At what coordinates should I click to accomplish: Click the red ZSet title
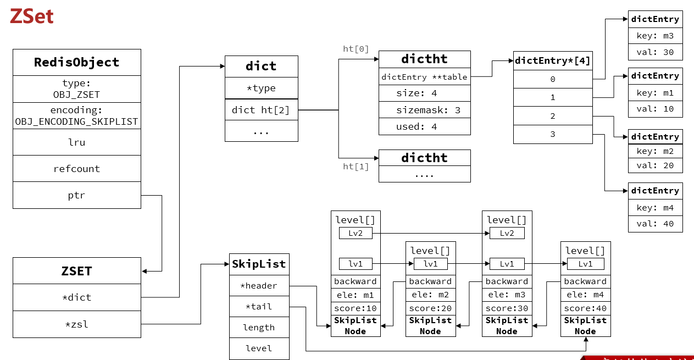tap(31, 16)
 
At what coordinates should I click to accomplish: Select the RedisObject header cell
tap(76, 62)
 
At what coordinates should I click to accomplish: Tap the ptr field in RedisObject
tap(76, 195)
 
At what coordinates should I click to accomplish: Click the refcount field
tap(76, 169)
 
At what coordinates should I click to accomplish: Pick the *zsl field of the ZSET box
tap(76, 324)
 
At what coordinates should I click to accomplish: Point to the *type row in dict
tap(261, 88)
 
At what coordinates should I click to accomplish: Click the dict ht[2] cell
tap(261, 110)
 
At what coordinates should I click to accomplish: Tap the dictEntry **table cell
tap(424, 77)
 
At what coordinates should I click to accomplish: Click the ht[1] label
tap(356, 166)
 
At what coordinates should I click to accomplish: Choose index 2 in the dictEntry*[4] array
tap(552, 116)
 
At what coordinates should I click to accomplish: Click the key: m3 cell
tap(655, 36)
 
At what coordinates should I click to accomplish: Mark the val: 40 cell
tap(655, 224)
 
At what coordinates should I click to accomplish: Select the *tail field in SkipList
tap(259, 307)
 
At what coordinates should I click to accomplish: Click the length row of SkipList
tap(259, 328)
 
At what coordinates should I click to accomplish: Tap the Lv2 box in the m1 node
tap(356, 233)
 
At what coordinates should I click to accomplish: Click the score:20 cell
tap(430, 308)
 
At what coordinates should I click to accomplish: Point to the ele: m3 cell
tap(507, 295)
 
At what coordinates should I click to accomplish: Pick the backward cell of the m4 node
tap(585, 281)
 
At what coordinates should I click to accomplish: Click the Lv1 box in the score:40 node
tap(585, 264)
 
